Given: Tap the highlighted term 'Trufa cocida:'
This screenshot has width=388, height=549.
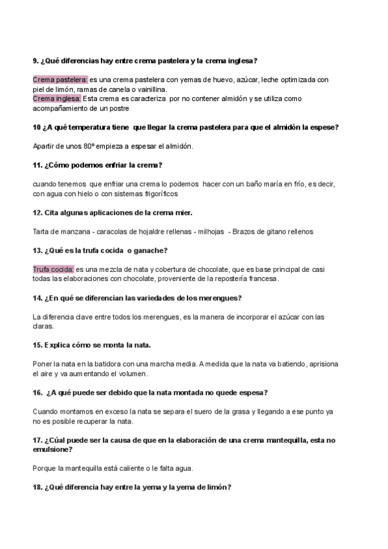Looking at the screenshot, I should [54, 269].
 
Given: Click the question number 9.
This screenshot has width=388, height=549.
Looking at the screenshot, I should [36, 61].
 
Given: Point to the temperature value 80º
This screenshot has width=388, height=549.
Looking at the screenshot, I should [89, 146].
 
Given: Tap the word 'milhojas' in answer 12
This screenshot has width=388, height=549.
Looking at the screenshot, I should [211, 231].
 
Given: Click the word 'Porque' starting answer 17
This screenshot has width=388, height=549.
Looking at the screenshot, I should [45, 468].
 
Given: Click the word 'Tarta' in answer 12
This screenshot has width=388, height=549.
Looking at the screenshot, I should [41, 231].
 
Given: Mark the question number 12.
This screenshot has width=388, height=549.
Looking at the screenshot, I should [37, 212].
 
